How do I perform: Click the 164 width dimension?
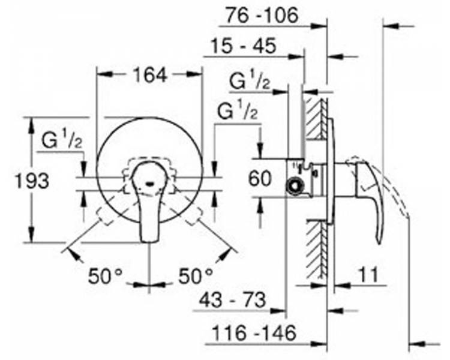[151, 76]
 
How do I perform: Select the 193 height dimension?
[32, 181]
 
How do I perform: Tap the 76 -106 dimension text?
[262, 15]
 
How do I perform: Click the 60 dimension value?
[259, 179]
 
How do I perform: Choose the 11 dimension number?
[368, 274]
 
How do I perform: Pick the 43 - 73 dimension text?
[232, 300]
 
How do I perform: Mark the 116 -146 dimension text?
[253, 333]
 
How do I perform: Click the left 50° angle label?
[105, 276]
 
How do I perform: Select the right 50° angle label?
[196, 276]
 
